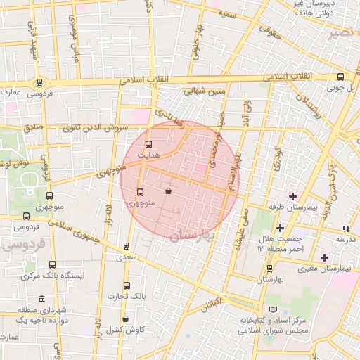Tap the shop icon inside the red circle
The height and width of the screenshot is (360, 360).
pyautogui.click(x=168, y=191)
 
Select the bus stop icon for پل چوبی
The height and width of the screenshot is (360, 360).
pyautogui.click(x=341, y=77)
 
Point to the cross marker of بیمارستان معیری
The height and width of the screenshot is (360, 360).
pyautogui.click(x=323, y=257)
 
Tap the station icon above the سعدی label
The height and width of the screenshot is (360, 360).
pyautogui.click(x=126, y=246)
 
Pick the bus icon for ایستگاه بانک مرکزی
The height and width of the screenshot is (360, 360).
pyautogui.click(x=52, y=264)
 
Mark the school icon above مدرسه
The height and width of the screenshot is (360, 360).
pyautogui.click(x=346, y=228)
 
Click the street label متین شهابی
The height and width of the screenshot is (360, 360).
pyautogui.click(x=205, y=91)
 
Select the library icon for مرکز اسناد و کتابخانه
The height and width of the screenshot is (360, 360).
pyautogui.click(x=273, y=309)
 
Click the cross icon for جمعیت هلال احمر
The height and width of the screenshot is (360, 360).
pyautogui.click(x=280, y=228)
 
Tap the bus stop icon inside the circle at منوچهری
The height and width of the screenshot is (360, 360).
pyautogui.click(x=140, y=191)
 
